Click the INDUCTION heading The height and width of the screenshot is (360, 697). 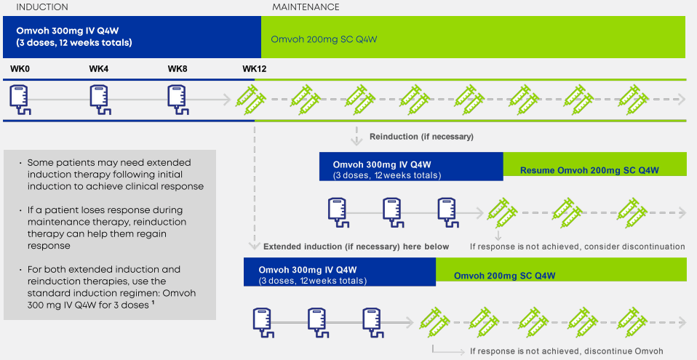coord(42,7)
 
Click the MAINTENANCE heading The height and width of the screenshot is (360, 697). coord(306,7)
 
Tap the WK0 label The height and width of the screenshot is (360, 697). coord(20,69)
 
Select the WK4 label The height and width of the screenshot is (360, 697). coord(99,69)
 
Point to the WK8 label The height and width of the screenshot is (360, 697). coord(178,69)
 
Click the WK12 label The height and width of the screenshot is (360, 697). coord(254,69)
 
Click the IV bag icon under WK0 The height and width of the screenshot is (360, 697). coord(20,100)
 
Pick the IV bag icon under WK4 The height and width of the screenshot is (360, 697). coord(100,100)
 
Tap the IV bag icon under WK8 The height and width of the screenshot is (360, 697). coord(178,100)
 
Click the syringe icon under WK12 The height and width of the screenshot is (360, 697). coord(250,100)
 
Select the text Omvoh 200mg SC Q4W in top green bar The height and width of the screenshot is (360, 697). coord(324,39)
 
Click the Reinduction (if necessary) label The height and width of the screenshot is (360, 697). coord(421,137)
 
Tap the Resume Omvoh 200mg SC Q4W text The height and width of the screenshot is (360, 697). coord(589,170)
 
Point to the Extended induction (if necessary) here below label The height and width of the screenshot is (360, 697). coord(356,247)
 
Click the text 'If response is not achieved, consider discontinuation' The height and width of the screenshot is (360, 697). coord(578,247)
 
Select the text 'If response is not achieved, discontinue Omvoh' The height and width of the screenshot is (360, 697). coord(567,351)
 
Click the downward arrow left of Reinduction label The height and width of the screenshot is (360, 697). coord(357,136)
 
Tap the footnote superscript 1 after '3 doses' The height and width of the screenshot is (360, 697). coord(153,303)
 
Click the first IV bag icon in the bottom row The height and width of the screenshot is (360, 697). coord(263,323)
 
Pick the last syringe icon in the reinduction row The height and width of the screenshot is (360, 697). coord(632,213)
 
